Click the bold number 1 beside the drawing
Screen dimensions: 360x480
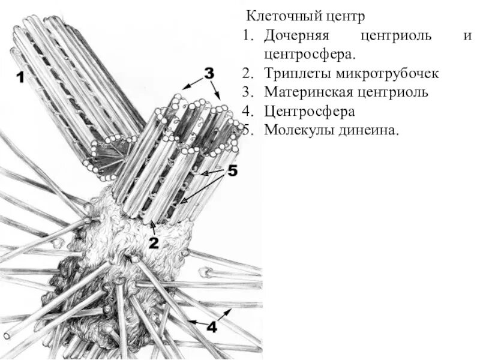20,77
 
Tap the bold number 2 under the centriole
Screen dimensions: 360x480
154,242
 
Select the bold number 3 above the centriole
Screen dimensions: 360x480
208,73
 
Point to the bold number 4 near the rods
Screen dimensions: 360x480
212,327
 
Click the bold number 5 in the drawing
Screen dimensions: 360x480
232,171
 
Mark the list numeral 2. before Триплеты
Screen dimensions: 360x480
248,74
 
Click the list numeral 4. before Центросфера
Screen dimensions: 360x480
248,112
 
